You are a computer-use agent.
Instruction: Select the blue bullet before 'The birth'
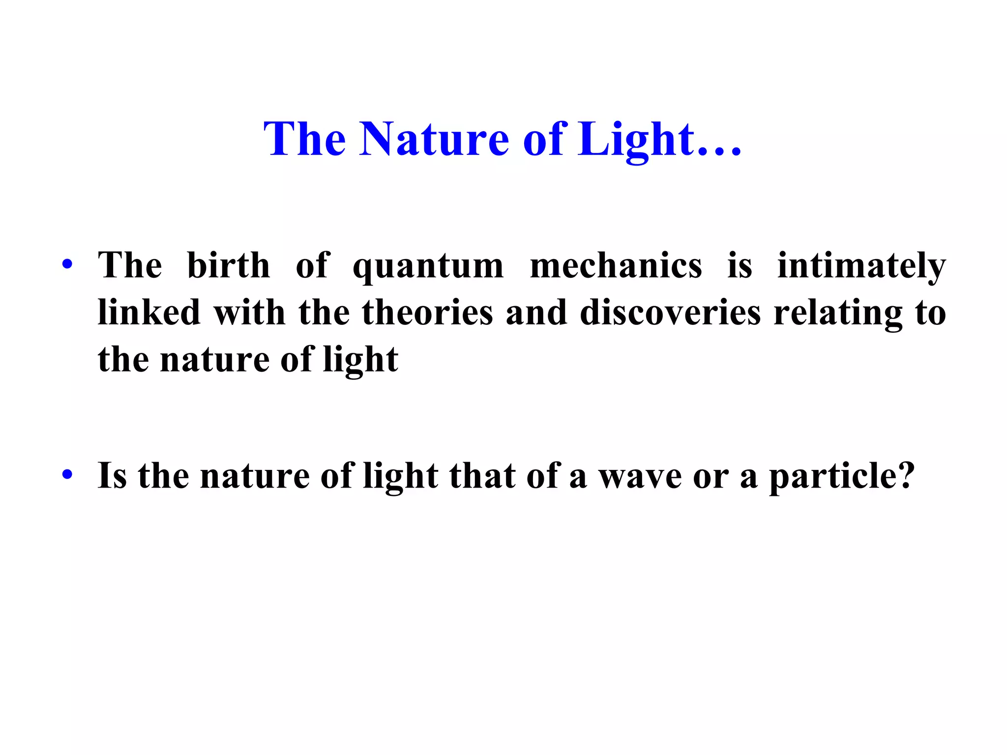coord(67,265)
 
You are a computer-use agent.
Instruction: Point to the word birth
coord(229,265)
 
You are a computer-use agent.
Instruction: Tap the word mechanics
coord(616,265)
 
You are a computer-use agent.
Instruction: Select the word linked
coord(149,312)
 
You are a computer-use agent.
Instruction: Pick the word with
coord(249,312)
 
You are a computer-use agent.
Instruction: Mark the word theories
coord(427,312)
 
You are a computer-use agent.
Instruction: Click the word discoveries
coord(670,312)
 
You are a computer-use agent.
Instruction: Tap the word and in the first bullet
coord(536,312)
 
